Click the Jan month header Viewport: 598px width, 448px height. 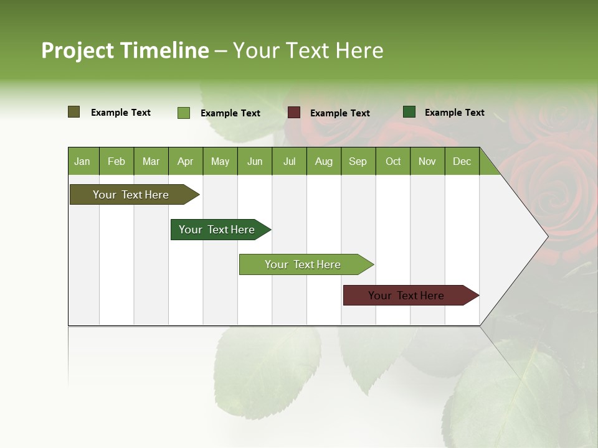click(x=82, y=161)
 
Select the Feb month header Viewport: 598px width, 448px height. click(x=116, y=161)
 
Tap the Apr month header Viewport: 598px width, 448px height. click(x=185, y=161)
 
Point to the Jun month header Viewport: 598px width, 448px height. click(x=255, y=161)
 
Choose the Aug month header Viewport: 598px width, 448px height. click(x=323, y=161)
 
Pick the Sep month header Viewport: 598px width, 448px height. click(x=358, y=161)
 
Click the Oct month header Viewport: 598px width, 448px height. click(x=393, y=161)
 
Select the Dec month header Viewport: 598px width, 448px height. click(x=462, y=161)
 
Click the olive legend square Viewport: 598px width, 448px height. click(x=74, y=112)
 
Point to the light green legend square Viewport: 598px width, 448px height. click(x=184, y=113)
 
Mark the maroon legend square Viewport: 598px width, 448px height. click(x=294, y=113)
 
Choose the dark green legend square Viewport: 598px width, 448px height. click(x=409, y=112)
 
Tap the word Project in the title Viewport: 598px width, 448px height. click(x=77, y=50)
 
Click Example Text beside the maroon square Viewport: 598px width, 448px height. click(x=339, y=113)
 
